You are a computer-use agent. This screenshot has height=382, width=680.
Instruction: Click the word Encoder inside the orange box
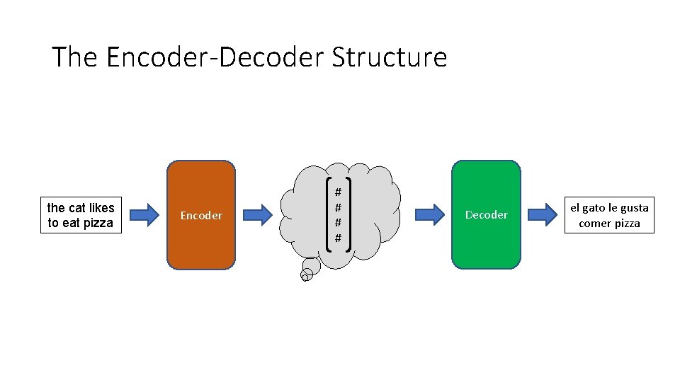tap(201, 215)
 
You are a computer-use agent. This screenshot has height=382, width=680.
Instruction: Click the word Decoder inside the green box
tap(486, 214)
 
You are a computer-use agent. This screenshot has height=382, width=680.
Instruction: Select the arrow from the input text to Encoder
tap(146, 214)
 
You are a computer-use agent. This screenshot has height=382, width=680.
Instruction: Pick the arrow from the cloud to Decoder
tap(429, 214)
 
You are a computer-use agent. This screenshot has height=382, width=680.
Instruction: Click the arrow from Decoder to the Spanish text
tap(543, 214)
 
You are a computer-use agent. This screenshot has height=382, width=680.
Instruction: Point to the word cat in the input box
tap(76, 207)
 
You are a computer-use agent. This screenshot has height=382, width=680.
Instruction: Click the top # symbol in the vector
tap(338, 192)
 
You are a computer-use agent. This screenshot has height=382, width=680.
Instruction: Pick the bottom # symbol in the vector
tap(338, 238)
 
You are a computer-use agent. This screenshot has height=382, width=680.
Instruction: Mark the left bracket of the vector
tap(327, 214)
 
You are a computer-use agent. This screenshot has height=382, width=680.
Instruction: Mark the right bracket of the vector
tap(349, 214)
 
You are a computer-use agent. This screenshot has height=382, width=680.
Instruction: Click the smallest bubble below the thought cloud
tap(305, 277)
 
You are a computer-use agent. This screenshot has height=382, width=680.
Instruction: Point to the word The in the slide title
tap(74, 57)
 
